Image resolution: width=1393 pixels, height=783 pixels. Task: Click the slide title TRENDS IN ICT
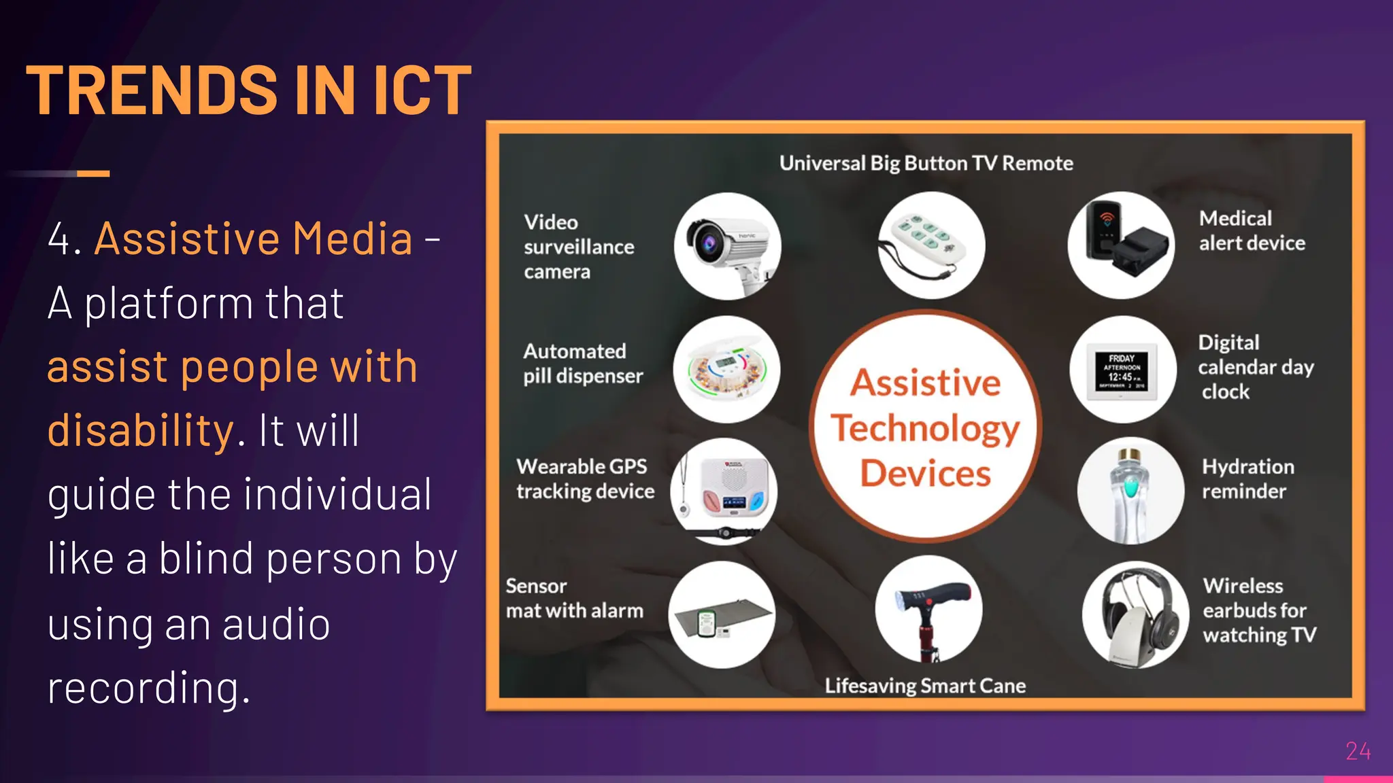point(248,90)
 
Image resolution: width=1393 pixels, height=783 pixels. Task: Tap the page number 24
point(1358,751)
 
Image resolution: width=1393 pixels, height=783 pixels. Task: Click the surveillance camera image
point(727,246)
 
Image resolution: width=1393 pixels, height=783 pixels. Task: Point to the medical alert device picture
point(1121,245)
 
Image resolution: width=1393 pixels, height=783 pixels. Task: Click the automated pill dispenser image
point(726,369)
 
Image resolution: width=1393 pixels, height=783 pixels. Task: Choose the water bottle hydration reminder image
point(1130,491)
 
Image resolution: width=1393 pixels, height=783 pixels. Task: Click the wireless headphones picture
point(1135,614)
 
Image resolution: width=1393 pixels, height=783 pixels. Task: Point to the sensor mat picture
point(722,615)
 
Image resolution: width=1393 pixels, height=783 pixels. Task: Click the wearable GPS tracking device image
point(724,491)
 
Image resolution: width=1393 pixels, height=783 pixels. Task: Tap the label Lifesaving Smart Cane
point(925,686)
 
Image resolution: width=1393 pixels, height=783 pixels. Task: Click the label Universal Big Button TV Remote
point(926,163)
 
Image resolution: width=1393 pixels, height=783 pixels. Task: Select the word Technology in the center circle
point(925,428)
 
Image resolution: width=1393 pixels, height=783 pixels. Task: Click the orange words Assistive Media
point(253,239)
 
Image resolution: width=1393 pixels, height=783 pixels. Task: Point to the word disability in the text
point(141,430)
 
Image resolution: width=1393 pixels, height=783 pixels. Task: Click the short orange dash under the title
point(93,174)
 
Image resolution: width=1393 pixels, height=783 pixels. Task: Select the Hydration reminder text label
point(1247,478)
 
